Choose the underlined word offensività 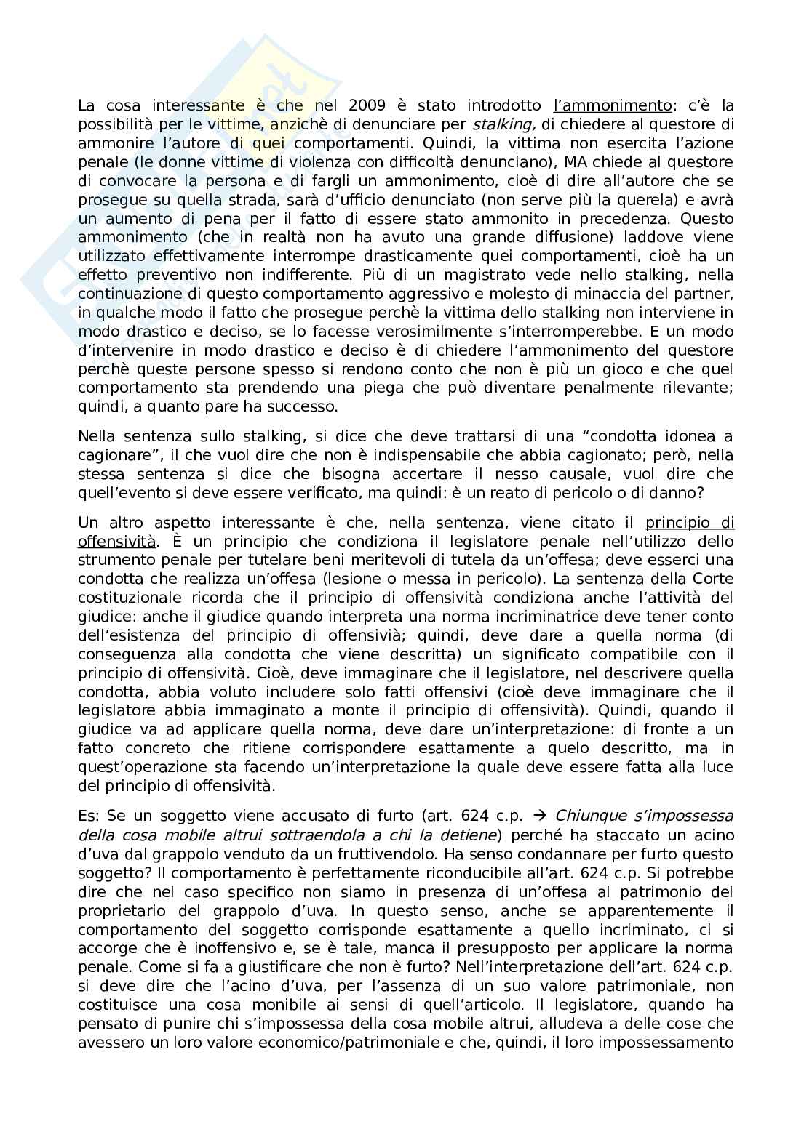click(x=116, y=542)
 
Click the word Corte click(x=715, y=579)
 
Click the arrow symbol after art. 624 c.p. click(x=538, y=816)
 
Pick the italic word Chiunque click(x=587, y=816)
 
